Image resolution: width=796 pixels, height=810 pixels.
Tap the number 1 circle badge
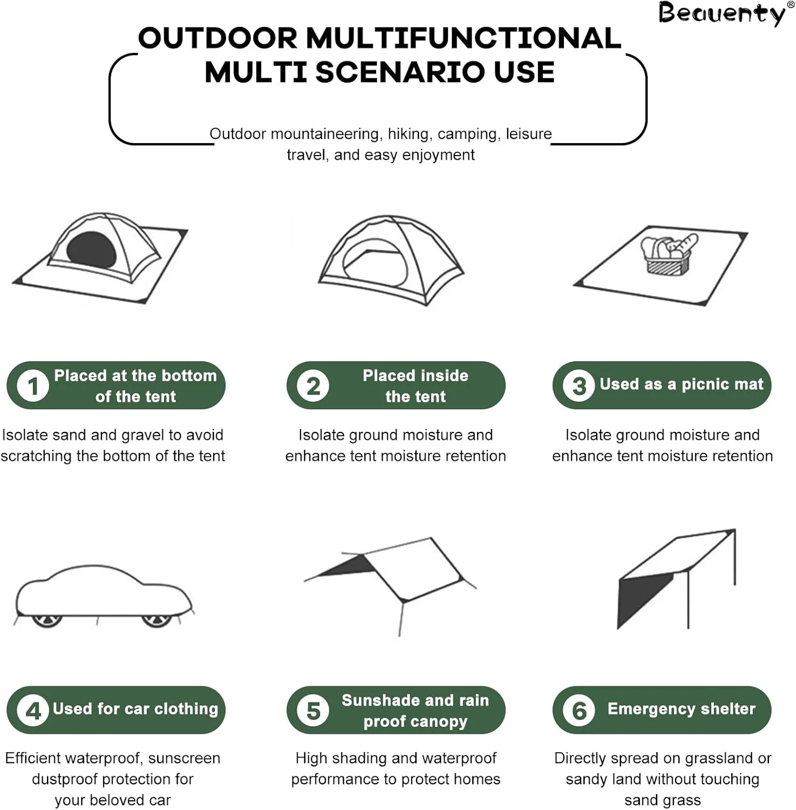(33, 386)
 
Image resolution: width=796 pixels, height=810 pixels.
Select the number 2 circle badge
(313, 386)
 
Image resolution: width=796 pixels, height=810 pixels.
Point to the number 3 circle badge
(579, 386)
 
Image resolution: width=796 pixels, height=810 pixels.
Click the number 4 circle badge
(33, 711)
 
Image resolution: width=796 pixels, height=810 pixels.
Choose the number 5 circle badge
(313, 711)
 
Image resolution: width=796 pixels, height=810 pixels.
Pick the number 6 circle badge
(579, 711)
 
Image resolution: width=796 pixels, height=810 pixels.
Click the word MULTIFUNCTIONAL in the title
(464, 38)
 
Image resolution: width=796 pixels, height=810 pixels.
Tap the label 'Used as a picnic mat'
(682, 384)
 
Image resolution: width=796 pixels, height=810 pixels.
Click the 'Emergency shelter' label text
(681, 709)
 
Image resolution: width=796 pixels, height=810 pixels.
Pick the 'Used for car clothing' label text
(135, 709)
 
